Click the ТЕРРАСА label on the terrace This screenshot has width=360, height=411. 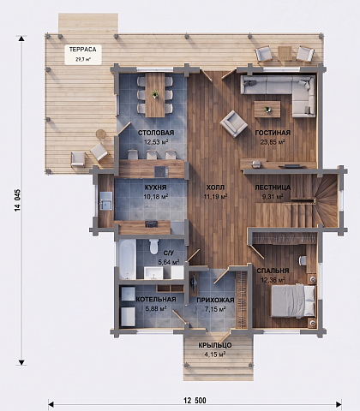[83, 50]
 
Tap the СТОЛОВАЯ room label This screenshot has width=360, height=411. [156, 133]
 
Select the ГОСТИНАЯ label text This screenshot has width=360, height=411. [273, 133]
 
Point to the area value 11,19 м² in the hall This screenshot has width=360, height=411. [215, 197]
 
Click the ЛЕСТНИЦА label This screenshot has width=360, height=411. [273, 188]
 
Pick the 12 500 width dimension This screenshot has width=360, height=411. [195, 401]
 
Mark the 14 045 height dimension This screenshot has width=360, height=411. [18, 200]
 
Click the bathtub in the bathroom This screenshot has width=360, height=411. [127, 259]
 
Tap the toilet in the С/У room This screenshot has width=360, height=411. [153, 247]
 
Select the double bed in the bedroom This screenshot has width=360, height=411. [293, 301]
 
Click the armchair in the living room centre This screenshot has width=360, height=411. [233, 124]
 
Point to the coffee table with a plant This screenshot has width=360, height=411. [267, 109]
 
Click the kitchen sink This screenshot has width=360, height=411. [105, 200]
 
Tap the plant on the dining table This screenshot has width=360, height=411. [155, 94]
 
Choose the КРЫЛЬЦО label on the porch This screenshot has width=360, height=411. [215, 345]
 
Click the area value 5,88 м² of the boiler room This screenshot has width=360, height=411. [156, 308]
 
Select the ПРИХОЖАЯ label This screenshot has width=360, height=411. [215, 300]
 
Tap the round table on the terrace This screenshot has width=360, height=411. [100, 134]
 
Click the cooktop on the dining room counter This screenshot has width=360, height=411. [161, 171]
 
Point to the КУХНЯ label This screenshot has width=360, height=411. [156, 188]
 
